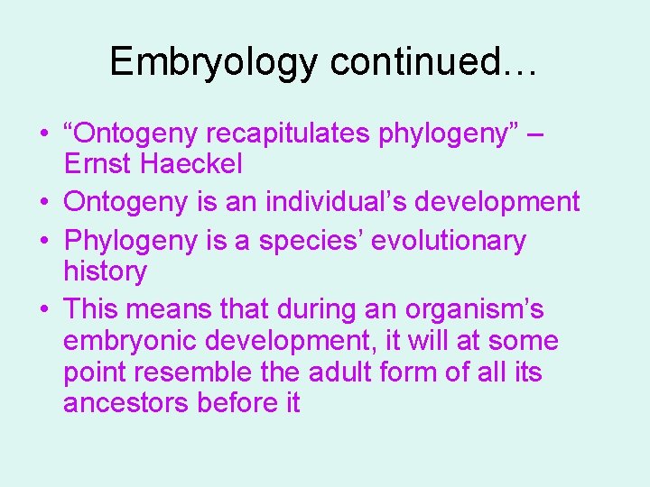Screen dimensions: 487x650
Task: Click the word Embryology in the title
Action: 214,61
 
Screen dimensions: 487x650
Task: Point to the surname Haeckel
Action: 198,164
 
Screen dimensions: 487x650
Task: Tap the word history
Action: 105,271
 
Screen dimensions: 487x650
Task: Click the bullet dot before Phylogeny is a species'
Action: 43,242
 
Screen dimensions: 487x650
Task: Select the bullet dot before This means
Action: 43,310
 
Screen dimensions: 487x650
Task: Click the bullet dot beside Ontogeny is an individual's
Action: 43,202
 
